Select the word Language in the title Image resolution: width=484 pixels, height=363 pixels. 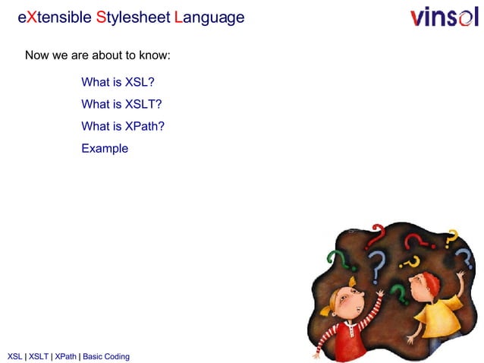point(209,17)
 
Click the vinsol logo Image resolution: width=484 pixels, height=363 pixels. point(445,17)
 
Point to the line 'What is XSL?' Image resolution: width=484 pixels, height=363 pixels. point(118,83)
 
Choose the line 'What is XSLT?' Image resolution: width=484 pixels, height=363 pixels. point(121,105)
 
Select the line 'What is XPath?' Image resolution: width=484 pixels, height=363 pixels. point(123,126)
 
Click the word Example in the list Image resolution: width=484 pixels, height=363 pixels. point(105,148)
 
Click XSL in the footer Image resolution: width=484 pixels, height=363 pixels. point(14,356)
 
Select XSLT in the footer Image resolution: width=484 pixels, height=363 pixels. point(38,356)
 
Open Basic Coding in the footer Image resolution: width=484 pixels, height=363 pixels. point(106,356)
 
